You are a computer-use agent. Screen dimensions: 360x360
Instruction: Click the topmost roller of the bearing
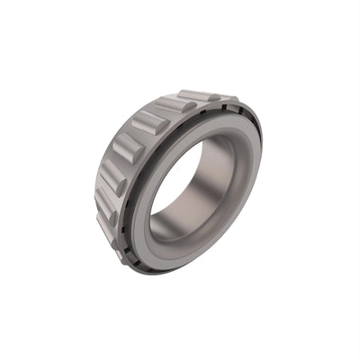[x=200, y=95]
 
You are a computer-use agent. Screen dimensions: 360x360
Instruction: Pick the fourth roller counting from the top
[x=128, y=146]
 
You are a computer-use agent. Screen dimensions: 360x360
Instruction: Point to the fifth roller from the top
[x=114, y=176]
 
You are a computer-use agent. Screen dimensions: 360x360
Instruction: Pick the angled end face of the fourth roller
[x=142, y=158]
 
